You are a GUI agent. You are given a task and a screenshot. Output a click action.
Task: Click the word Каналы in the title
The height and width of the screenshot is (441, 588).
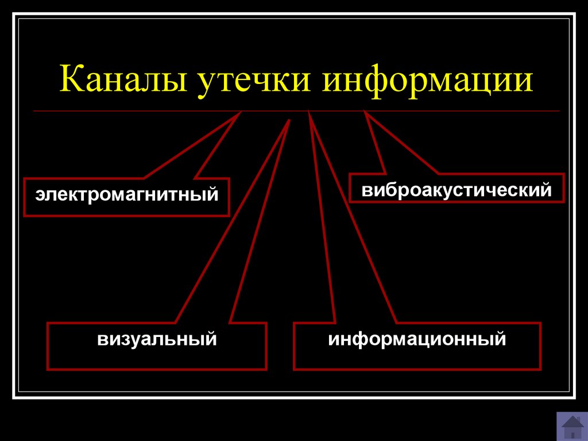point(123,79)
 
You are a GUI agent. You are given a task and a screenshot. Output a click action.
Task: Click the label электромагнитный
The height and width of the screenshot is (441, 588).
point(127,194)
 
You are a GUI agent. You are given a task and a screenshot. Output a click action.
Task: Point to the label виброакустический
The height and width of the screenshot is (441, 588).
point(457,190)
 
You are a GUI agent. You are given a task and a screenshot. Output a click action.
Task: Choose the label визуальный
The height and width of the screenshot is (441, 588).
point(157,339)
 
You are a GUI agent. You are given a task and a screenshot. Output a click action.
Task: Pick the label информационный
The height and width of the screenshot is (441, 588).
point(417,339)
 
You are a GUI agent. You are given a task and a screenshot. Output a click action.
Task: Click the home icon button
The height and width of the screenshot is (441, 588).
point(572,427)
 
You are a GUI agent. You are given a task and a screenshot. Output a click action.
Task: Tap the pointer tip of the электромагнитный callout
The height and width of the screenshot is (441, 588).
point(240,112)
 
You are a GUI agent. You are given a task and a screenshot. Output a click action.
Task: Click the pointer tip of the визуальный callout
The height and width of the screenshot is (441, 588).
point(289,120)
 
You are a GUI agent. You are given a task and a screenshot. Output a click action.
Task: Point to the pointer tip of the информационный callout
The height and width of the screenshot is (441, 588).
point(308,110)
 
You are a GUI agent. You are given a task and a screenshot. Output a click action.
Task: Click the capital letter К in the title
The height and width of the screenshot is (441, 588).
point(72,78)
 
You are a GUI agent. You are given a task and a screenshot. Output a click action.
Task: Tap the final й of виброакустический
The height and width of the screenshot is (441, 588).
point(547,189)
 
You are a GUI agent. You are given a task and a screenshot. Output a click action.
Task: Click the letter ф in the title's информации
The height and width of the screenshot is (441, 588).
point(376,81)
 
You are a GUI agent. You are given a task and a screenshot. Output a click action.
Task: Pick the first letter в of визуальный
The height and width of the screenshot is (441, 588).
point(102,340)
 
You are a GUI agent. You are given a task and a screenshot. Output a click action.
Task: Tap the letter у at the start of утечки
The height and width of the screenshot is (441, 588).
point(206,85)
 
